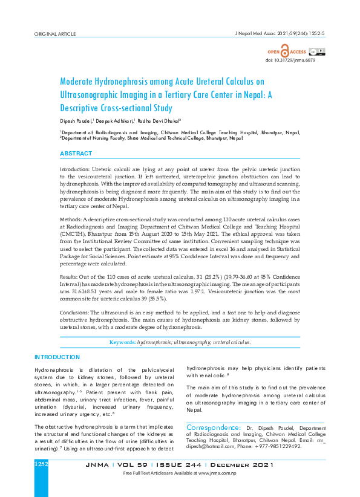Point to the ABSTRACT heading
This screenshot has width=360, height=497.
click(x=76, y=154)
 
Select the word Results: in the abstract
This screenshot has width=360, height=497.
click(x=70, y=276)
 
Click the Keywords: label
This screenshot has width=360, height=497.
click(x=122, y=343)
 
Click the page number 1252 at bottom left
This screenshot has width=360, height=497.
click(x=41, y=464)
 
